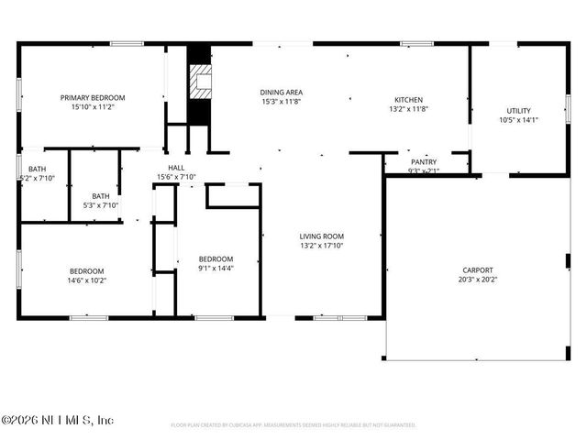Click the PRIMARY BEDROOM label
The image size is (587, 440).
tap(93, 97)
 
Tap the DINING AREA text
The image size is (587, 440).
tap(282, 92)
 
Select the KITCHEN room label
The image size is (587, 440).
tap(408, 99)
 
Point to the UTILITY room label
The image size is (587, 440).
tap(518, 110)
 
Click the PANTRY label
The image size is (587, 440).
tap(424, 161)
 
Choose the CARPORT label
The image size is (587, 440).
tap(477, 269)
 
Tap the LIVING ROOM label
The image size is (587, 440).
tap(321, 236)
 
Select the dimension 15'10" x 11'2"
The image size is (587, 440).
tap(93, 107)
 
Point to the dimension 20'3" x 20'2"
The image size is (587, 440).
tap(477, 280)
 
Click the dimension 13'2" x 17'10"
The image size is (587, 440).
tap(321, 247)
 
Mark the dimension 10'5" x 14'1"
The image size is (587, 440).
tap(518, 120)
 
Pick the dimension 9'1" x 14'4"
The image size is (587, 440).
tap(216, 269)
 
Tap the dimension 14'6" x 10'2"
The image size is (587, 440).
tap(87, 280)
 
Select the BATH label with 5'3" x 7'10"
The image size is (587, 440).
tap(100, 195)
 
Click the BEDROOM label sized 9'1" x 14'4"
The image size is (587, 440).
tap(216, 258)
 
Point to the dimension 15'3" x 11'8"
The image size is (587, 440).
tap(282, 102)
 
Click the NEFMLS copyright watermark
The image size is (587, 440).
tap(57, 420)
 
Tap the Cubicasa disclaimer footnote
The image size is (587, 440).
tap(293, 425)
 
